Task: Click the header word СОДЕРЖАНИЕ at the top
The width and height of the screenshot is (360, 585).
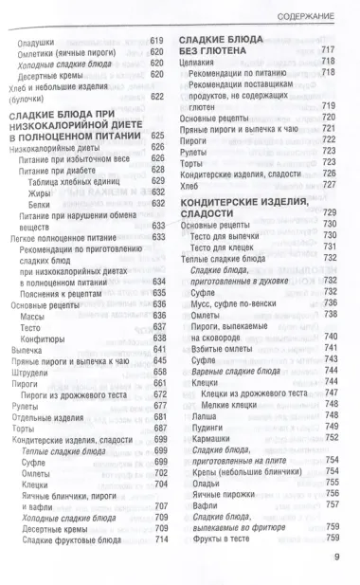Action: (307, 17)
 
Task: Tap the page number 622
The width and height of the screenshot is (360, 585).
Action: (157, 97)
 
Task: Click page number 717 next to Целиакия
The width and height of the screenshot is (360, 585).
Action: (329, 48)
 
